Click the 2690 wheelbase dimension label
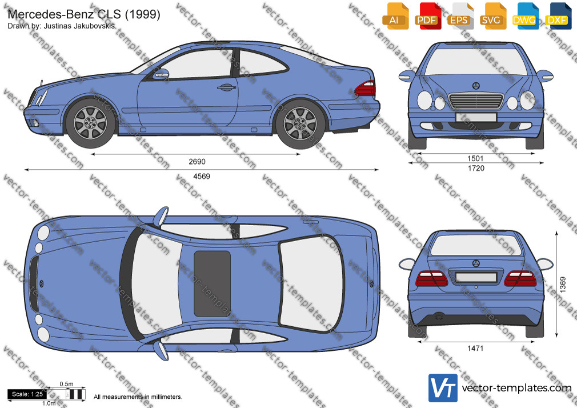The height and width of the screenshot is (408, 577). pos(197,161)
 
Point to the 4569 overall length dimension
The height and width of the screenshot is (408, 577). pos(202,177)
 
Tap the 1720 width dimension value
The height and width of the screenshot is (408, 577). pos(476,168)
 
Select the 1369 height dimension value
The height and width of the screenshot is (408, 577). pos(563,285)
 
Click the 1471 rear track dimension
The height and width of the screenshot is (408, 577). pos(475,348)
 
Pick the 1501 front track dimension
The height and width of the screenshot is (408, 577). pos(475,158)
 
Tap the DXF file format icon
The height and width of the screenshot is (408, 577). pos(558,16)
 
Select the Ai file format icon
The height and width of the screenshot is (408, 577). pos(395,16)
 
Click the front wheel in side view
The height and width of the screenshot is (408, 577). pos(90,123)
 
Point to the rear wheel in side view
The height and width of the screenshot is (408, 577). pos(300,124)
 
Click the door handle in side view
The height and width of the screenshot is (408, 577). pos(226,87)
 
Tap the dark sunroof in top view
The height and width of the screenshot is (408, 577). pos(213,283)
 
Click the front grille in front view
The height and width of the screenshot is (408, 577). pos(476,101)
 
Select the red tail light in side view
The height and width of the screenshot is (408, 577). pos(365,89)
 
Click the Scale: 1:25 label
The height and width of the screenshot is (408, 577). pos(27,394)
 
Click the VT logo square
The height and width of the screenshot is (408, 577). pos(443,388)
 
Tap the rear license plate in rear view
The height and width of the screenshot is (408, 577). pos(476,277)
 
